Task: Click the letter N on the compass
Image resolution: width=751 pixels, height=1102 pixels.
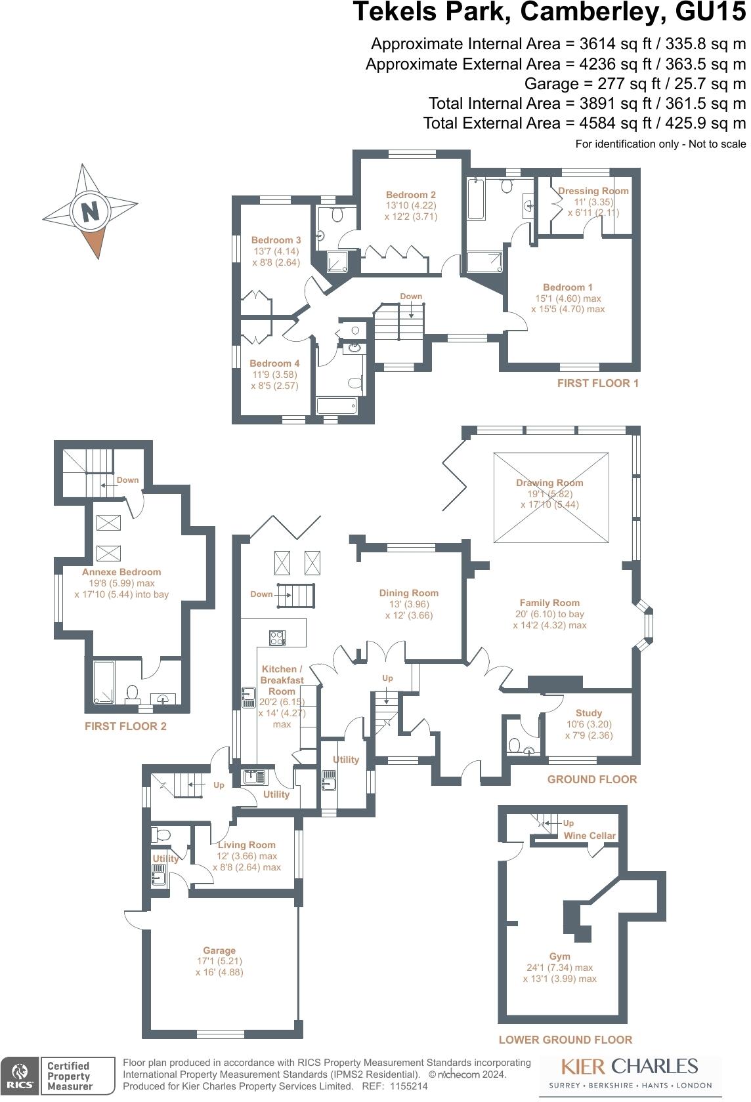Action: click(90, 211)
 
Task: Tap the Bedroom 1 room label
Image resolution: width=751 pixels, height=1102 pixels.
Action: click(567, 287)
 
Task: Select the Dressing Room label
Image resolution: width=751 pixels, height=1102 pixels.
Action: click(593, 191)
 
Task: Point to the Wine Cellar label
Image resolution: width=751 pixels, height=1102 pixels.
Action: click(590, 836)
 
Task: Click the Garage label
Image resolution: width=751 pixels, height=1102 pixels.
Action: click(219, 950)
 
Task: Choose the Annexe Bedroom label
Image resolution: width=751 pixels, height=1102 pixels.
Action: click(121, 572)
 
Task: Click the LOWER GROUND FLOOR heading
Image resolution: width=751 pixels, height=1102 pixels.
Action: click(565, 1040)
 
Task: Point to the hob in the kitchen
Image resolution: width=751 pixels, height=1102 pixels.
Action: click(278, 637)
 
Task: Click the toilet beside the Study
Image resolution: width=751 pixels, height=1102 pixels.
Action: click(516, 746)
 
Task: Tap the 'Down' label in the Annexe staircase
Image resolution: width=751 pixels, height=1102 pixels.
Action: click(127, 480)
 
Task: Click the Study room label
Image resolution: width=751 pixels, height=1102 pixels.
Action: click(588, 713)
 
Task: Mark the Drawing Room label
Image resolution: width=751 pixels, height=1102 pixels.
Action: click(549, 483)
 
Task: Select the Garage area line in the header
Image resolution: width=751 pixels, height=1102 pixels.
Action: click(635, 84)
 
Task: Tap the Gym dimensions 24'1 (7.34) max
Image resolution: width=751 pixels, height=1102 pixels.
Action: click(559, 968)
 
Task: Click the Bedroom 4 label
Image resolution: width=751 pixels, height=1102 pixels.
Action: click(274, 363)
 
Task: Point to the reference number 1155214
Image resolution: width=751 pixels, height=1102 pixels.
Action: click(405, 1087)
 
